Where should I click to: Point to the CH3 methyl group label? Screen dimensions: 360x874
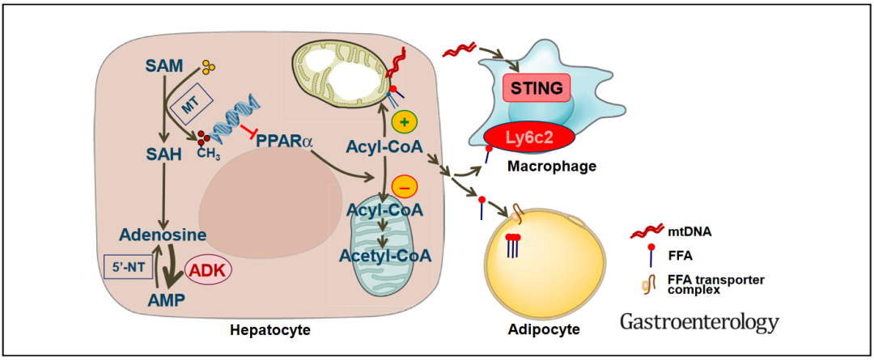point(209,151)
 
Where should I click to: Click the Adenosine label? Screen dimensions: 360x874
point(161,235)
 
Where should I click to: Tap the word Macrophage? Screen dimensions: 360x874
point(552,166)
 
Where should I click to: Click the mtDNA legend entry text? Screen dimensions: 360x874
point(685,232)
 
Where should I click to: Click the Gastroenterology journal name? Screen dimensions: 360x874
point(699,321)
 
